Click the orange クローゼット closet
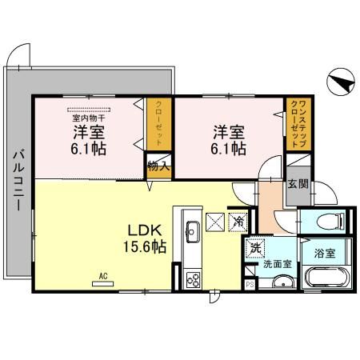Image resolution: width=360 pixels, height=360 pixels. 158,126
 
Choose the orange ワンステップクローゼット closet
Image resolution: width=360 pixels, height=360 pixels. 294,124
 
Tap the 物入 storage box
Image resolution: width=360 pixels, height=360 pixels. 158,166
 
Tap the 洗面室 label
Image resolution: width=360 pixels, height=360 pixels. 277,261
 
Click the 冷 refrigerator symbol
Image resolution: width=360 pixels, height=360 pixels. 238,221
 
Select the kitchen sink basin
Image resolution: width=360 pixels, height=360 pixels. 193,232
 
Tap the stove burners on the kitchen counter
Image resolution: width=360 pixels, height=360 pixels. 193,278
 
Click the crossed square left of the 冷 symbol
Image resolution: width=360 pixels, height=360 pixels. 214,222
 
